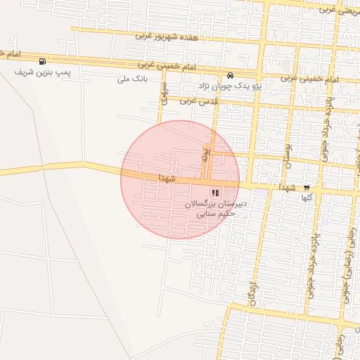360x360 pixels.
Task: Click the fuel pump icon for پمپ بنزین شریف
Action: pos(44,61)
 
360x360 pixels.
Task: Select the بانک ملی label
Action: pos(133,79)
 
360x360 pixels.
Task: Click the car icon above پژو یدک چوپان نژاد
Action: pos(230,75)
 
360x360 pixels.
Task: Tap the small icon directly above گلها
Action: pos(307,187)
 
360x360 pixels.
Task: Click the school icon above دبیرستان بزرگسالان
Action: pos(214,192)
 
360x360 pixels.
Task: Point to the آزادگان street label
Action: pos(250,290)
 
